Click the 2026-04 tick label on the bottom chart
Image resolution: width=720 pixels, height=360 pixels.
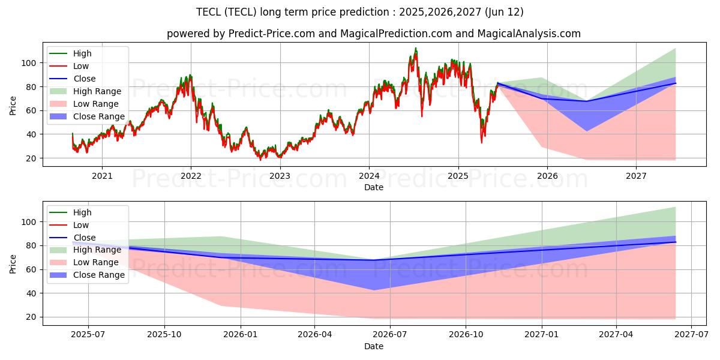[315, 334]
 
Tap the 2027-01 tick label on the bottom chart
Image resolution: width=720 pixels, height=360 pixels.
[542, 334]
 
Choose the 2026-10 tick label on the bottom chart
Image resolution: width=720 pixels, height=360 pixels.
[466, 334]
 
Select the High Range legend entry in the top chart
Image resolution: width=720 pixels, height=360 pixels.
[97, 91]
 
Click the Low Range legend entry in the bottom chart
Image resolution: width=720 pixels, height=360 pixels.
[96, 263]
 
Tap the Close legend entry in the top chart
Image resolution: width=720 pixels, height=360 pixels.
[84, 79]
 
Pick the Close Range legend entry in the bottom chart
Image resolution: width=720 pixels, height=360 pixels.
[99, 275]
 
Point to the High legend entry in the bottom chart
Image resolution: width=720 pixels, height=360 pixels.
[82, 212]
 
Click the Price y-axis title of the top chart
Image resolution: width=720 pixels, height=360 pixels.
[13, 105]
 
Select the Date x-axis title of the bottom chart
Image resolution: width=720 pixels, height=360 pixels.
[374, 346]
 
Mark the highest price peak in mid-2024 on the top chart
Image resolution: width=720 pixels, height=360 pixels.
[415, 48]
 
